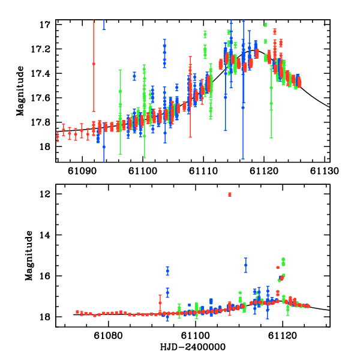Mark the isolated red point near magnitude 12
point(230,194)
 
